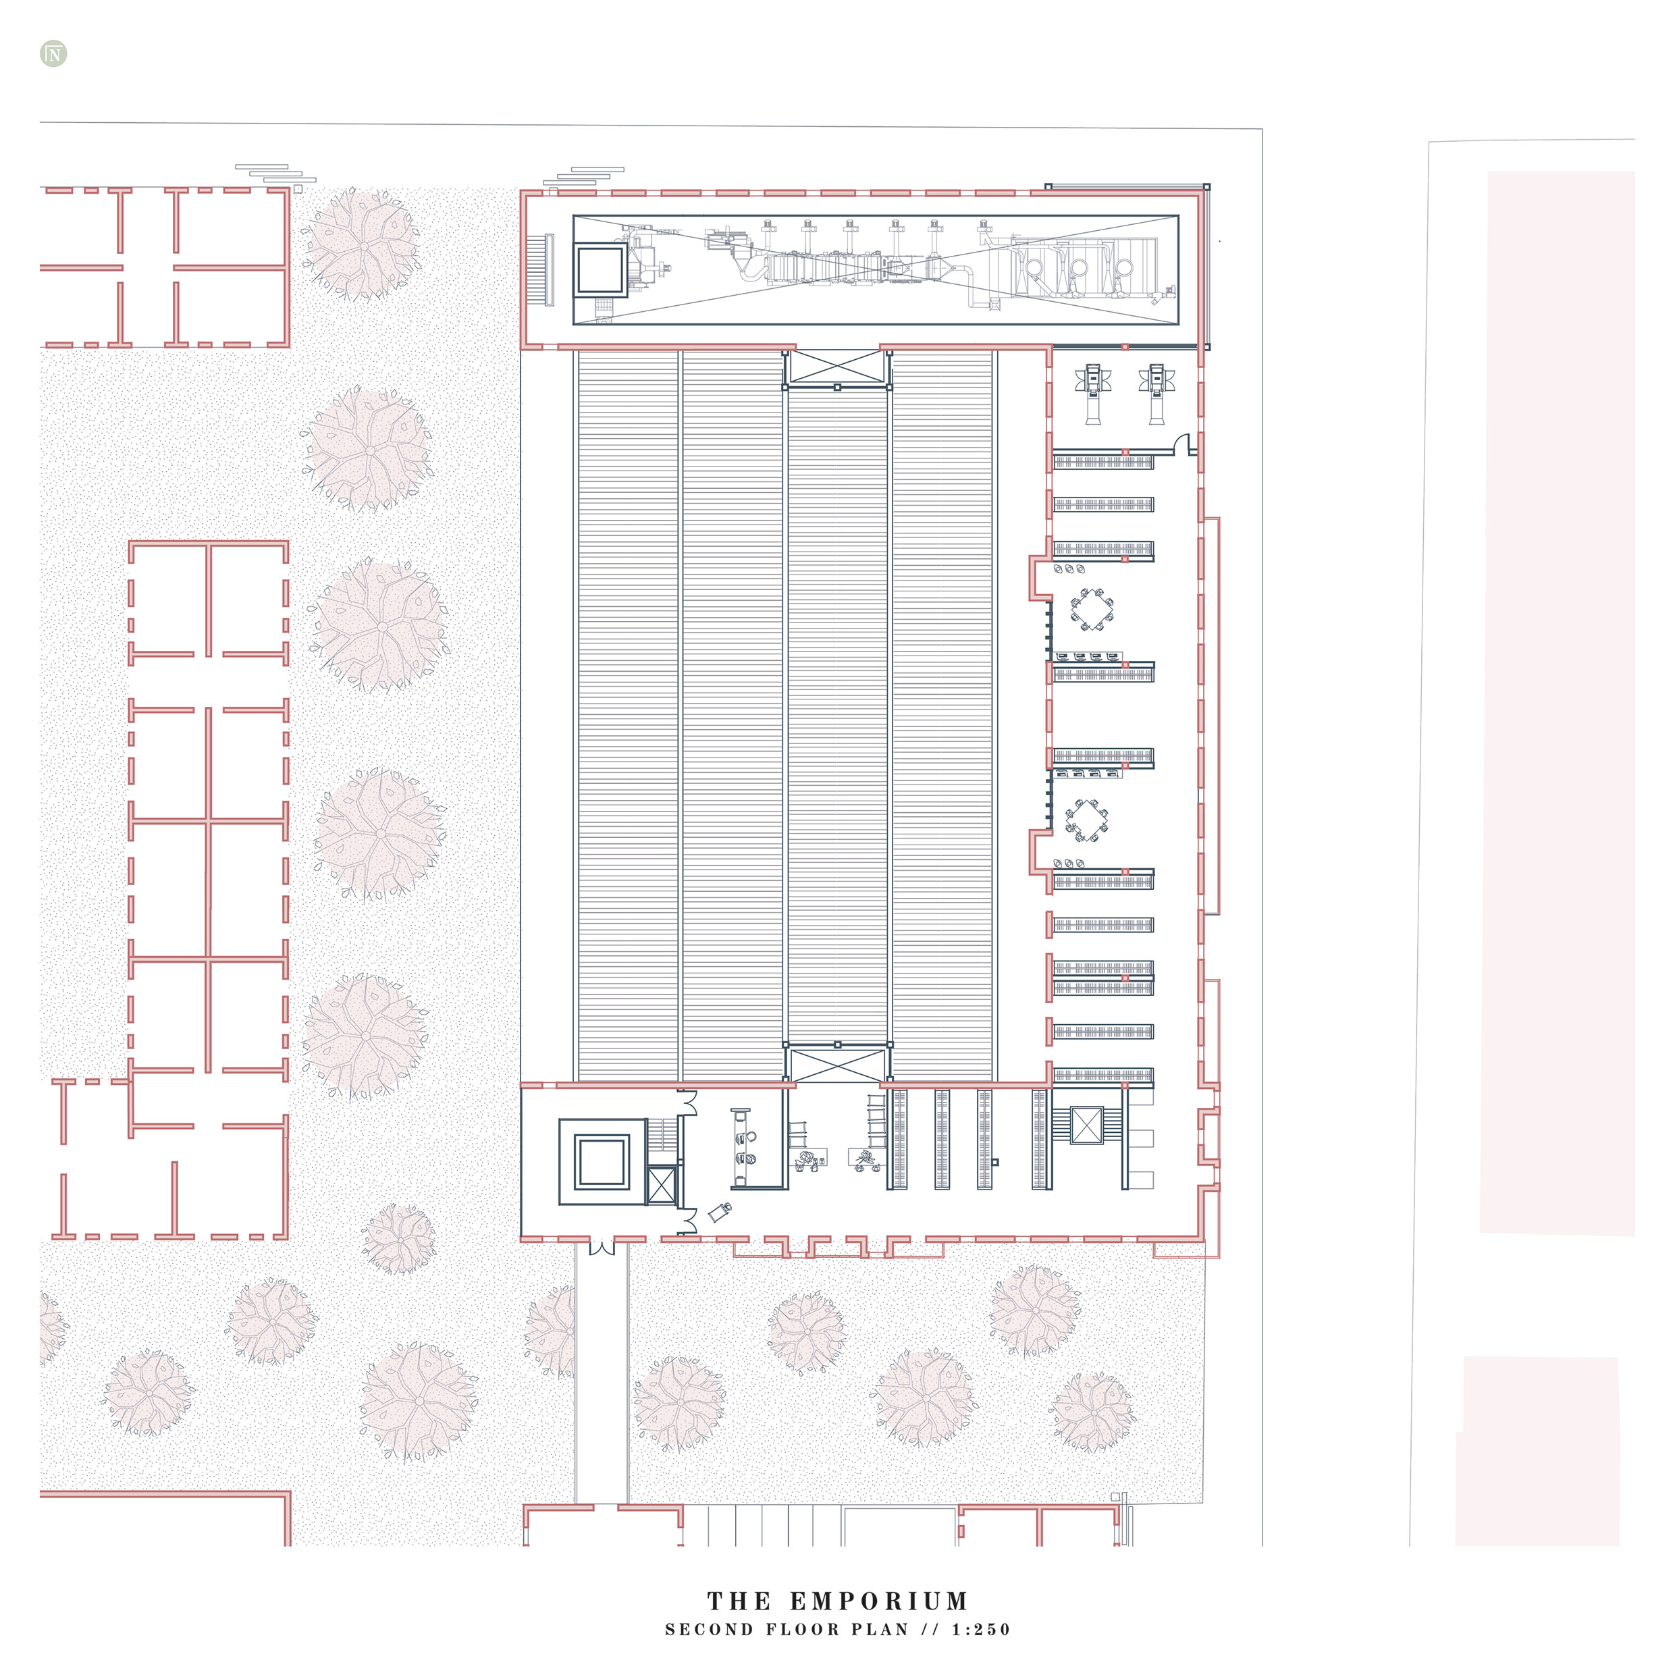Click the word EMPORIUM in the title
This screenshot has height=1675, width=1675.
pyautogui.click(x=878, y=1601)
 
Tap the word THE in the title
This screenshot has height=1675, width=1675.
pyautogui.click(x=739, y=1601)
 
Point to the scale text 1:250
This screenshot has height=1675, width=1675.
pyautogui.click(x=982, y=1630)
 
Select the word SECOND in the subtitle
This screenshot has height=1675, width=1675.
pyautogui.click(x=709, y=1630)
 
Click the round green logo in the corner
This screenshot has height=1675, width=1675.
pyautogui.click(x=54, y=54)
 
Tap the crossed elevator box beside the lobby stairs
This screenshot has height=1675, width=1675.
pyautogui.click(x=662, y=1185)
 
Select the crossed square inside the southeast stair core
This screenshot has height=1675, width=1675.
pyautogui.click(x=1086, y=1125)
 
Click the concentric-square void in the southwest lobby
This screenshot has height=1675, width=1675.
pyautogui.click(x=602, y=1162)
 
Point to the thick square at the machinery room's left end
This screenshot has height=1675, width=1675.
pyautogui.click(x=600, y=269)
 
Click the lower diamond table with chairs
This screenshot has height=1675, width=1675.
pyautogui.click(x=1086, y=820)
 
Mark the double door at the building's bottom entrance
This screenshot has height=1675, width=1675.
pyautogui.click(x=602, y=1248)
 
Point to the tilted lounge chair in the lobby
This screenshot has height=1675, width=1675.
pyautogui.click(x=720, y=1212)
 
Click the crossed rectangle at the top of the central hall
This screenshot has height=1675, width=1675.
pyautogui.click(x=837, y=367)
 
